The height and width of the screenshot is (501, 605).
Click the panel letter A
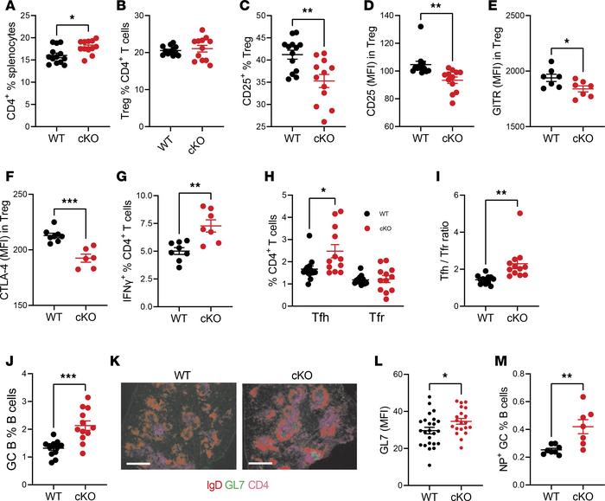(7, 8)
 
